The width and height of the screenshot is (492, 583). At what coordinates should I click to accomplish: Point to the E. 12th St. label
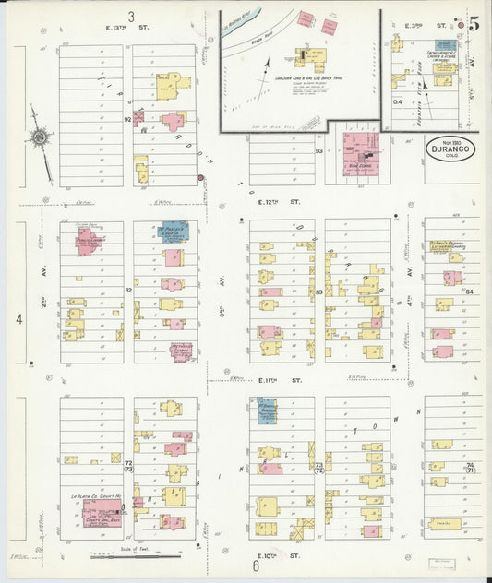click(280, 200)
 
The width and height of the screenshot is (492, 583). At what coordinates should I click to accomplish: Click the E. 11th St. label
click(280, 379)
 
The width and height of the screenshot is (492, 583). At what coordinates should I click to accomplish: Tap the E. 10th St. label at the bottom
click(280, 556)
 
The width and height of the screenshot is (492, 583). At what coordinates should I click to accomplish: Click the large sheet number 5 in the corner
click(473, 24)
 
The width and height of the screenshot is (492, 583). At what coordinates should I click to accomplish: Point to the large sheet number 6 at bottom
click(257, 565)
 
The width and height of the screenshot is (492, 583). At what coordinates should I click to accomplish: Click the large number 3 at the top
click(131, 16)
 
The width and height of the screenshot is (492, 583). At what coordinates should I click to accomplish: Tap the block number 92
click(128, 119)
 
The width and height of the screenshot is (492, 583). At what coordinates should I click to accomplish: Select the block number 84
click(469, 291)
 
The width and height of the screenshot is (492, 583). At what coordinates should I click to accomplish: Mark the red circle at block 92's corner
click(199, 176)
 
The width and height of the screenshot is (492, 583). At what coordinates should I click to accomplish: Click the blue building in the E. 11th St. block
click(267, 411)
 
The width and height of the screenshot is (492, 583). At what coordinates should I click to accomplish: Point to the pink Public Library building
click(89, 242)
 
